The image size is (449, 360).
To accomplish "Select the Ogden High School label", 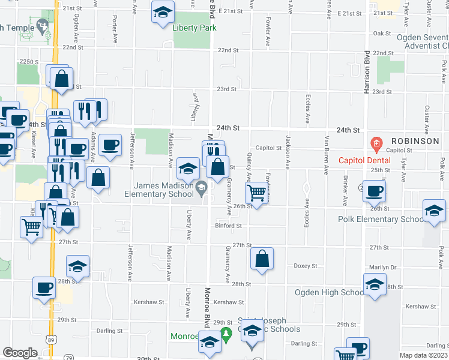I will coord(330,292).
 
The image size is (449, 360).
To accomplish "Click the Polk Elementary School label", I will coord(380,219).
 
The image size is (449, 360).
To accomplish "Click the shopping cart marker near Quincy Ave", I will coord(256,193).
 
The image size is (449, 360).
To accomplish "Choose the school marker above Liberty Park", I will coord(161,13).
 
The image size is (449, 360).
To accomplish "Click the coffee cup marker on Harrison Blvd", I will coord(373,191).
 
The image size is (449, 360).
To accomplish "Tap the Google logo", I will coord(20,352).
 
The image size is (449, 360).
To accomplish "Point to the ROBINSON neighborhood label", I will coord(417,141).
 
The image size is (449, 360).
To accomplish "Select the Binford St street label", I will coord(228,226).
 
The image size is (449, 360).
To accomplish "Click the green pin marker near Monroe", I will coord(226,334).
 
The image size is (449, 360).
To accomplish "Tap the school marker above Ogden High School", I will coord(375,284).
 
